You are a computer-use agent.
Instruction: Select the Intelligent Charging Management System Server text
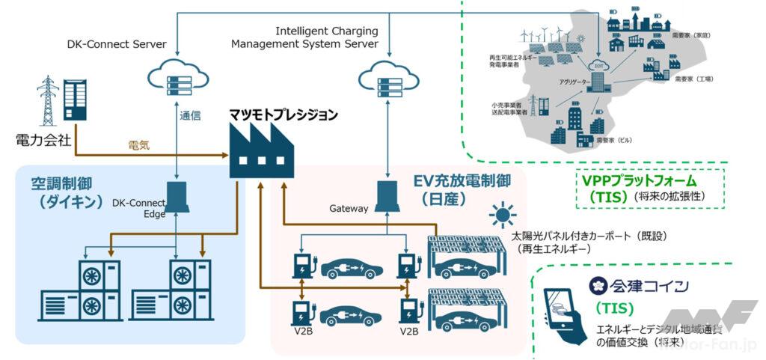[x=325, y=37]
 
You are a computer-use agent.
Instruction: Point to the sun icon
[x=500, y=216]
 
